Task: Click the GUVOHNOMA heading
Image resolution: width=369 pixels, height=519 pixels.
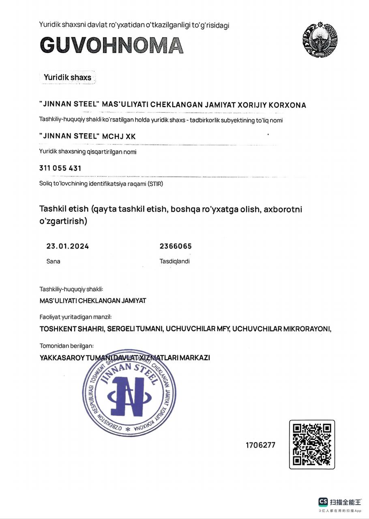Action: click(x=112, y=45)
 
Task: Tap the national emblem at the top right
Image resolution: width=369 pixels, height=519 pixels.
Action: click(x=320, y=40)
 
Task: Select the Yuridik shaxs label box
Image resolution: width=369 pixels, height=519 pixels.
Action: click(x=68, y=77)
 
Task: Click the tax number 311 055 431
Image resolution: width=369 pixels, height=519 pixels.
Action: click(x=60, y=168)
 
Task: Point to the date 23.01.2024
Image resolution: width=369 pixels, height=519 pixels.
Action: click(x=68, y=246)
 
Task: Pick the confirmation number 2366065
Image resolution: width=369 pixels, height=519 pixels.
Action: click(x=176, y=246)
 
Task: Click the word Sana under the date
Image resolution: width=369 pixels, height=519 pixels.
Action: click(x=53, y=261)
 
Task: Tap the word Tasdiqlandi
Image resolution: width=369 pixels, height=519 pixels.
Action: click(x=174, y=261)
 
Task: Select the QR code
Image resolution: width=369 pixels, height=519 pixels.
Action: click(x=312, y=444)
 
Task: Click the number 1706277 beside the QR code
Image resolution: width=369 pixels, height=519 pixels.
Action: click(x=260, y=445)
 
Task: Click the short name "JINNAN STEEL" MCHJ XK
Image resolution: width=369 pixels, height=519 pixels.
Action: click(x=88, y=137)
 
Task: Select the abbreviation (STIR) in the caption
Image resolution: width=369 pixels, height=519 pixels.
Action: click(x=155, y=184)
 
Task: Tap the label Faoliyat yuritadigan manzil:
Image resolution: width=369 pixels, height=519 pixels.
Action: click(x=75, y=317)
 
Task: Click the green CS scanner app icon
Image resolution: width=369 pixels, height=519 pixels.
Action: click(x=323, y=502)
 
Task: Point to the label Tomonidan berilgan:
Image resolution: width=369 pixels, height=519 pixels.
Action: click(x=67, y=346)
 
